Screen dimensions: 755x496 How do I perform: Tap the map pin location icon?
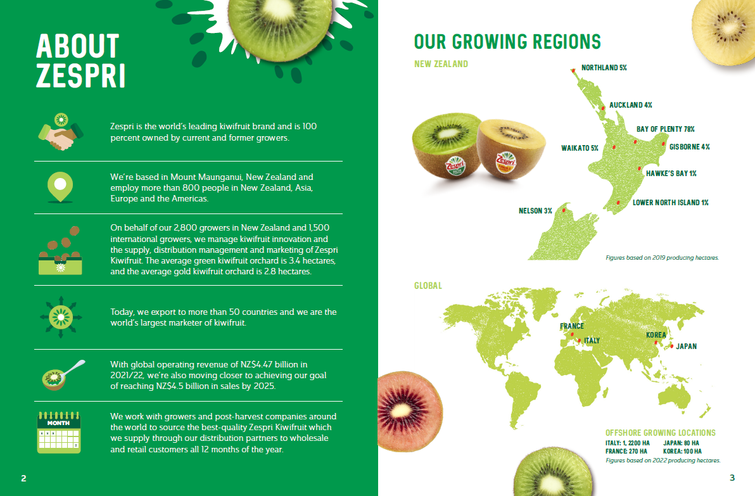[x=60, y=187]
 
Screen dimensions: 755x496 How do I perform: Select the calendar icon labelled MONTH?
[x=59, y=433]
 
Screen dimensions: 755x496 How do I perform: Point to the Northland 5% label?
[x=604, y=68]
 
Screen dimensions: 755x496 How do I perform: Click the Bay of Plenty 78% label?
[x=666, y=129]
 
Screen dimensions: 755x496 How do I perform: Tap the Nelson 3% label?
[x=535, y=211]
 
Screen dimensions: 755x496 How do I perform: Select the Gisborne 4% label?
[x=690, y=147]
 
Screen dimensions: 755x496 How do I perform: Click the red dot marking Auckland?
[x=603, y=108]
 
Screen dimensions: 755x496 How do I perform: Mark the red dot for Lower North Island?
[x=618, y=203]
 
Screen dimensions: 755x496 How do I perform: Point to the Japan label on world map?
[x=686, y=347]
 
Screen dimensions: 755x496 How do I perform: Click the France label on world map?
[x=571, y=326]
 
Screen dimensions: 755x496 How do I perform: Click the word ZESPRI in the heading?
[x=80, y=76]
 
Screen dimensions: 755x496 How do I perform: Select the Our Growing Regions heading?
[x=507, y=42]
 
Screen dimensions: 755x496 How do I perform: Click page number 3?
[x=732, y=478]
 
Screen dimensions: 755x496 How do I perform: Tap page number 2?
[x=23, y=478]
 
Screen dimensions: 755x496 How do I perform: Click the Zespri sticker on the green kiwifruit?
[x=455, y=166]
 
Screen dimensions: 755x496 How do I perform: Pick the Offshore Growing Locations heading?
[x=660, y=433]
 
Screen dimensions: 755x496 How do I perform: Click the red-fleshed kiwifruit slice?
[x=409, y=411]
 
